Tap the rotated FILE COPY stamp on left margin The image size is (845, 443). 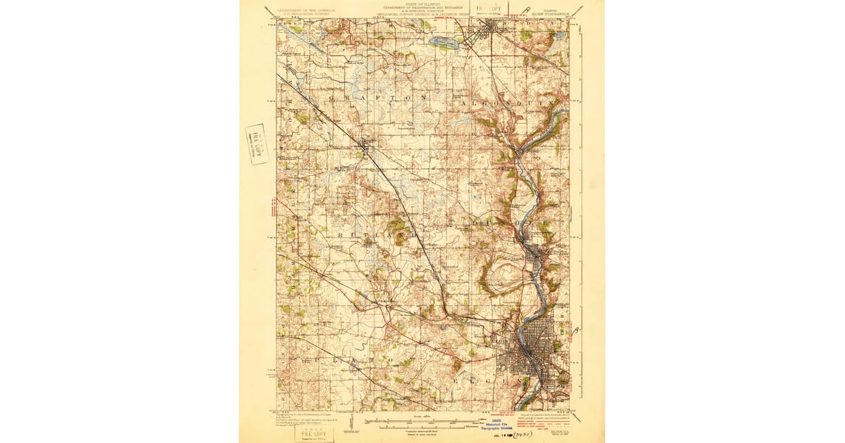click(256, 144)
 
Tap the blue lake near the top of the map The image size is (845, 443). click(444, 43)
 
